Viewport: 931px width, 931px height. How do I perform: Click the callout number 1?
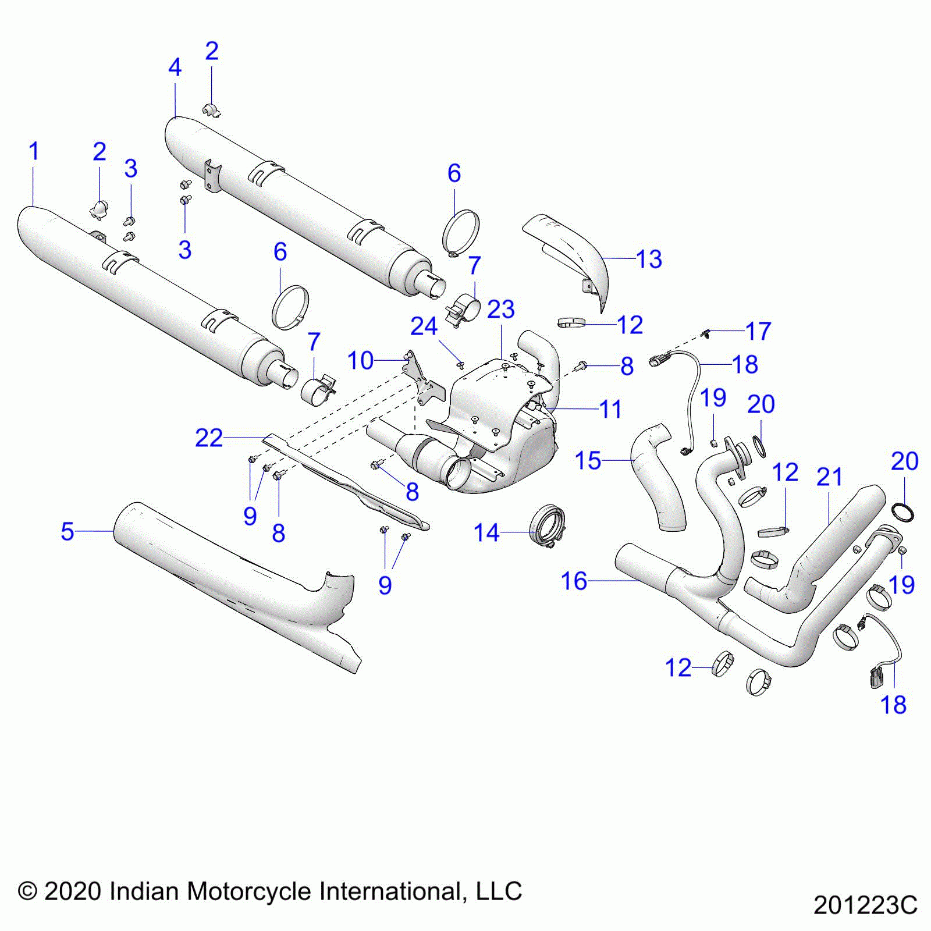click(34, 152)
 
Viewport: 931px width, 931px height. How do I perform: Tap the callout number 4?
click(175, 68)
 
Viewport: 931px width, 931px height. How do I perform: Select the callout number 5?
click(67, 531)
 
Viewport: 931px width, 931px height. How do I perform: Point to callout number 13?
click(649, 260)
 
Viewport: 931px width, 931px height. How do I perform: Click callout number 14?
click(486, 533)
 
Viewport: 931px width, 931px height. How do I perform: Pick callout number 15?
click(588, 461)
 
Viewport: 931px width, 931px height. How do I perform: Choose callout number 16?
click(574, 581)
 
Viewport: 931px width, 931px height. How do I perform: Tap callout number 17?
click(758, 332)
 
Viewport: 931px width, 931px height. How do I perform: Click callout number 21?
click(829, 478)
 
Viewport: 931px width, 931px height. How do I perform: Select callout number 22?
click(208, 438)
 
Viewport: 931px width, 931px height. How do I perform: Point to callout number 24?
click(424, 327)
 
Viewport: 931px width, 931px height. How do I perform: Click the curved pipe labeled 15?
click(660, 477)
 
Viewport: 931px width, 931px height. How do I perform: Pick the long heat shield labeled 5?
click(233, 582)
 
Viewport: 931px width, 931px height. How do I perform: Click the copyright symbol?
click(27, 891)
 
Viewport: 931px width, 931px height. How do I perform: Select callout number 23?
click(500, 310)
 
